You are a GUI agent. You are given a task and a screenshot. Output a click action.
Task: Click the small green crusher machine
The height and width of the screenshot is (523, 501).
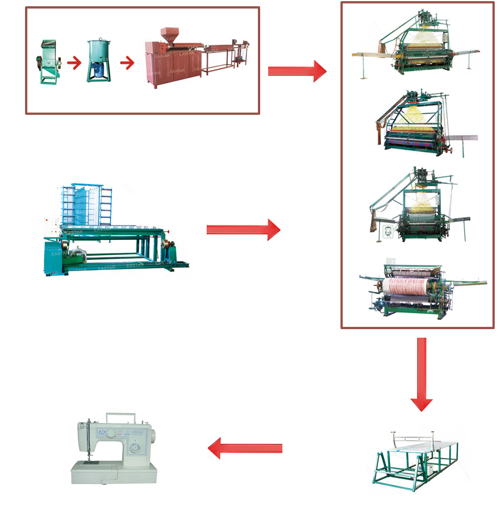pyautogui.click(x=50, y=61)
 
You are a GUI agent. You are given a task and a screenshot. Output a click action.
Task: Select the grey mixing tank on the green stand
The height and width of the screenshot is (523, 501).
pyautogui.click(x=99, y=60)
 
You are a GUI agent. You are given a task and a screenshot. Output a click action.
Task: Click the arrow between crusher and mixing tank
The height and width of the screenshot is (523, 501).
pyautogui.click(x=74, y=62)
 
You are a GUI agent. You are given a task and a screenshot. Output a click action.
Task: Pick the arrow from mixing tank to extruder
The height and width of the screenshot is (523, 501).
pyautogui.click(x=127, y=62)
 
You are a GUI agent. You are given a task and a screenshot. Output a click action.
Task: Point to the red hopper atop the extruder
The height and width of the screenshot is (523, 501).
pyautogui.click(x=169, y=32)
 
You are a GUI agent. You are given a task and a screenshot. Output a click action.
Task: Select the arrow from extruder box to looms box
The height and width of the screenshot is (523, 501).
pyautogui.click(x=297, y=70)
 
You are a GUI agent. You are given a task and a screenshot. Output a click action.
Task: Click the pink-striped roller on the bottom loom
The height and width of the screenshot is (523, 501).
pyautogui.click(x=409, y=288)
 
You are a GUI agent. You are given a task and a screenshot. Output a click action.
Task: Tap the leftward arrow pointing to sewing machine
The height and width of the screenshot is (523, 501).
pyautogui.click(x=245, y=449)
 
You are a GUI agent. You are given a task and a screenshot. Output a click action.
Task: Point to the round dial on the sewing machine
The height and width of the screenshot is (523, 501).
pyautogui.click(x=135, y=448)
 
